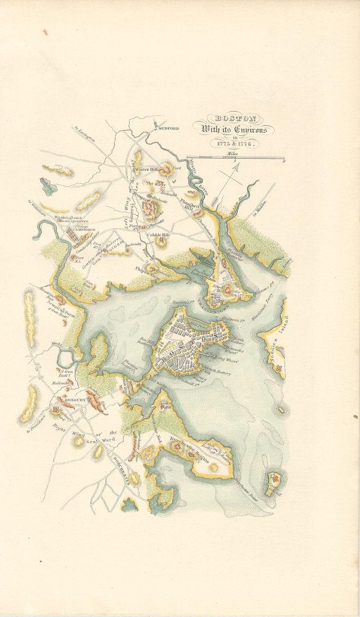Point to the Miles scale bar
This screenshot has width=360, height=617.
[235, 159]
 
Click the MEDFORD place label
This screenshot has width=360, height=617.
[169, 128]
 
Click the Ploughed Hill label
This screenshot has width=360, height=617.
[189, 205]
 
